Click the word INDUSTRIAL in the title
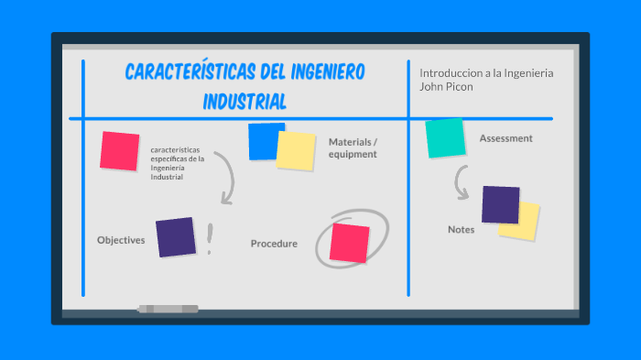[244, 100]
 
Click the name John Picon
[446, 87]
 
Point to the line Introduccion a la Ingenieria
[486, 72]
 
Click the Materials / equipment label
[353, 147]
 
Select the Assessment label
[505, 138]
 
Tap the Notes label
[461, 229]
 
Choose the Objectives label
[121, 240]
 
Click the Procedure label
[274, 244]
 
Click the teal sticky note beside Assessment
[445, 138]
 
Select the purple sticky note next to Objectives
[175, 237]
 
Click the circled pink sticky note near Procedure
[349, 242]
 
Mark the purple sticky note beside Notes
[500, 204]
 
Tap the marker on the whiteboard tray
[168, 309]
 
